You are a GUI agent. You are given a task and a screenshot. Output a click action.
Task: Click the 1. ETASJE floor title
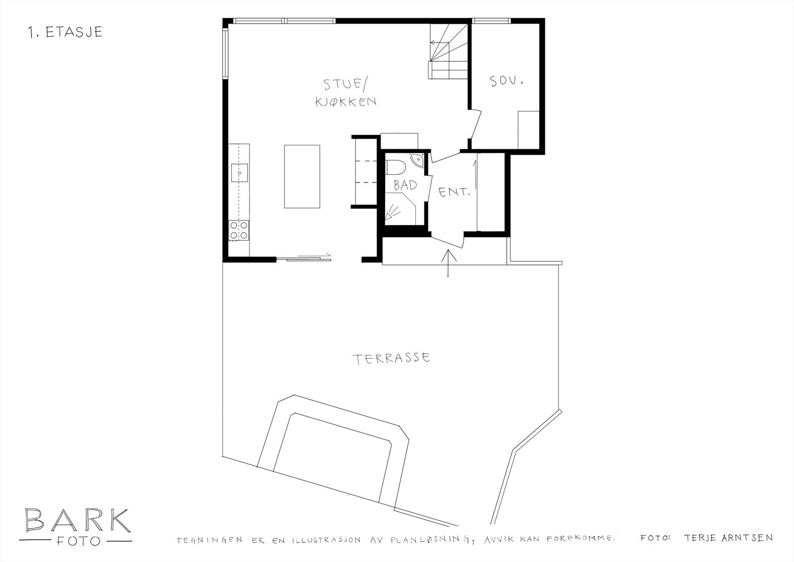point(66,32)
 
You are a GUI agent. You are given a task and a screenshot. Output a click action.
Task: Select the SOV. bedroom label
point(507,81)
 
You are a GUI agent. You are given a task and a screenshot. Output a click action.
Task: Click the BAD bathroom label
point(405,186)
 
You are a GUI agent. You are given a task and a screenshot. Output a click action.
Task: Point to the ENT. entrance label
point(454,191)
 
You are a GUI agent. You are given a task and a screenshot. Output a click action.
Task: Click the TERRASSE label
point(391,358)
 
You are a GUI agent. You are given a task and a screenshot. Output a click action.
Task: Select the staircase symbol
point(448,52)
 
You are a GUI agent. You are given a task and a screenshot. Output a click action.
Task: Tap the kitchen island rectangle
point(302,176)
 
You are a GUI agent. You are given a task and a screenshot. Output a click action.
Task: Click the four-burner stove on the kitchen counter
point(239,230)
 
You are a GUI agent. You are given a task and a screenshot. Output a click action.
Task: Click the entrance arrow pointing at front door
point(448,263)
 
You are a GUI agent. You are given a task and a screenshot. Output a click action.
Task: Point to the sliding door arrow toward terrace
point(313,256)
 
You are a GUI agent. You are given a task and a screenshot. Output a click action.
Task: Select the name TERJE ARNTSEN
point(728,538)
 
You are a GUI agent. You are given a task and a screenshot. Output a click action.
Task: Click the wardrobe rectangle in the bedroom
point(529,129)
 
